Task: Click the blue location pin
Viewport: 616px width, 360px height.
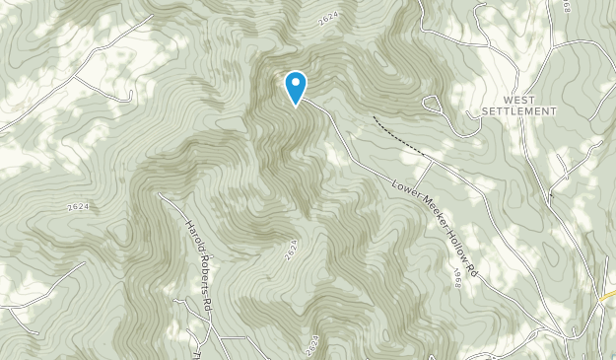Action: tap(295, 87)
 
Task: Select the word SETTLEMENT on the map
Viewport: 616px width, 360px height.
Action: tap(518, 112)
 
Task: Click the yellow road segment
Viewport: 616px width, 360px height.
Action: tap(606, 296)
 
